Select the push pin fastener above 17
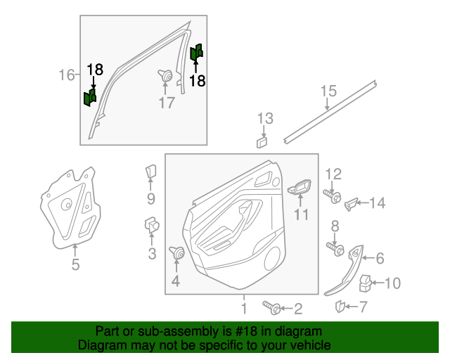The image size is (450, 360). (166, 75)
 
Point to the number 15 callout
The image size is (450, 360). (328, 91)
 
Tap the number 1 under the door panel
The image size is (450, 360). (243, 307)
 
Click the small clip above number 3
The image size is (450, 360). (151, 226)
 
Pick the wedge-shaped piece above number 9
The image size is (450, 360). (151, 173)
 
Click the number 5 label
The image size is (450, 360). (75, 265)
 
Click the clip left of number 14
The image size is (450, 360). (352, 204)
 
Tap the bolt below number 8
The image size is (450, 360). (335, 248)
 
